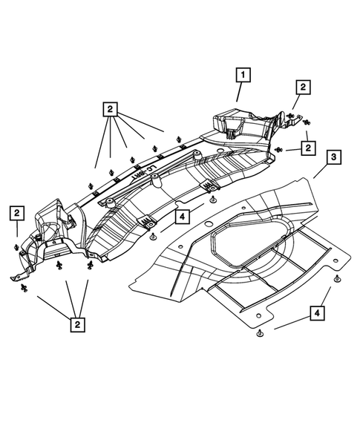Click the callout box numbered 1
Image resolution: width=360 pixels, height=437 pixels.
tap(243, 74)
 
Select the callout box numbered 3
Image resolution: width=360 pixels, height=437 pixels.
tap(334, 157)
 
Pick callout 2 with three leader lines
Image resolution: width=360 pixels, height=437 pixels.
tap(76, 323)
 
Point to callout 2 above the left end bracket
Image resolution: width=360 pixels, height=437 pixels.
tap(16, 213)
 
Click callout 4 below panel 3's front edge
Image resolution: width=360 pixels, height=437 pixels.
tap(318, 315)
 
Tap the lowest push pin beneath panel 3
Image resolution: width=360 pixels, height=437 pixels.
tap(261, 335)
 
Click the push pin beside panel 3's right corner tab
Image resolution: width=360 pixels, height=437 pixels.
tap(338, 278)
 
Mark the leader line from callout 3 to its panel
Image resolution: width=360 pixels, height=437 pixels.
tap(320, 171)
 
